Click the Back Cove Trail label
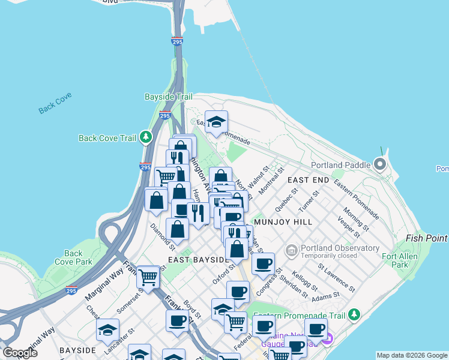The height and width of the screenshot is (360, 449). (x=108, y=138)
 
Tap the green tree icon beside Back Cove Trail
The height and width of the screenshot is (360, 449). (x=146, y=138)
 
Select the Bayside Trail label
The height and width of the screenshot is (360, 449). (x=169, y=97)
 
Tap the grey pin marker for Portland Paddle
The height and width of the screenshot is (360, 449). (x=379, y=164)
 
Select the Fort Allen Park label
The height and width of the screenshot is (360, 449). (x=400, y=260)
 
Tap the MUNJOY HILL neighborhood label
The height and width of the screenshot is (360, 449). (x=283, y=222)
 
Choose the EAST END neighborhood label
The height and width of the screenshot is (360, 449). (x=308, y=180)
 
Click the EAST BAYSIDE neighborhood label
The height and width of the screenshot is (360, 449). (x=197, y=260)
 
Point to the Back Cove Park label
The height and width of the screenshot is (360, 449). (x=73, y=257)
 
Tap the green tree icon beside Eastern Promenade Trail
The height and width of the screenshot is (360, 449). (x=354, y=314)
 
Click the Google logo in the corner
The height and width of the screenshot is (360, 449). (x=20, y=353)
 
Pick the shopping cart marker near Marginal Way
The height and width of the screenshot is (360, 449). (x=148, y=277)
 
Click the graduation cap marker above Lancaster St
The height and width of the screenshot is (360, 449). (x=107, y=330)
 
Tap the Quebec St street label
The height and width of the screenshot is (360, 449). (x=286, y=199)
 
